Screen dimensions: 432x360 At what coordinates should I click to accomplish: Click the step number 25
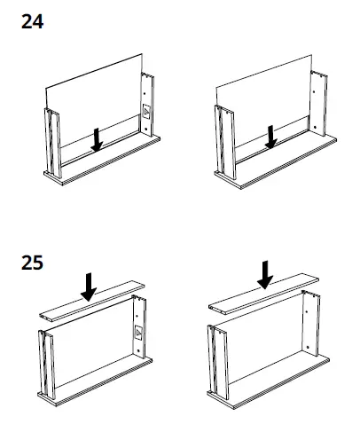click(32, 264)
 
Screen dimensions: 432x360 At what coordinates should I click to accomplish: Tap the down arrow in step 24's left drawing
click(98, 137)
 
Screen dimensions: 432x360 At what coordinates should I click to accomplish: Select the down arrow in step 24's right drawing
click(272, 135)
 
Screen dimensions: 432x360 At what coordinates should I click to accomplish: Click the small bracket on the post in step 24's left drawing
click(146, 113)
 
